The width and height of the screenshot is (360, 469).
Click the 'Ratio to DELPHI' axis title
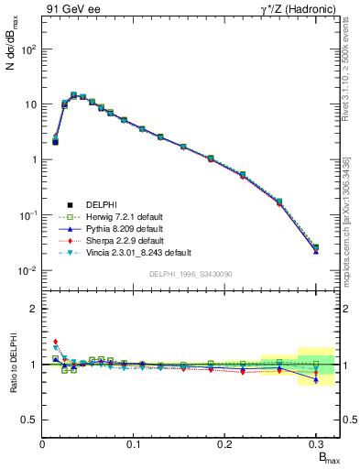point(12,364)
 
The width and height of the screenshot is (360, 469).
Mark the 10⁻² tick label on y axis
point(28,270)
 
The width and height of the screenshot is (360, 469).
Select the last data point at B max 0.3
point(316,248)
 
